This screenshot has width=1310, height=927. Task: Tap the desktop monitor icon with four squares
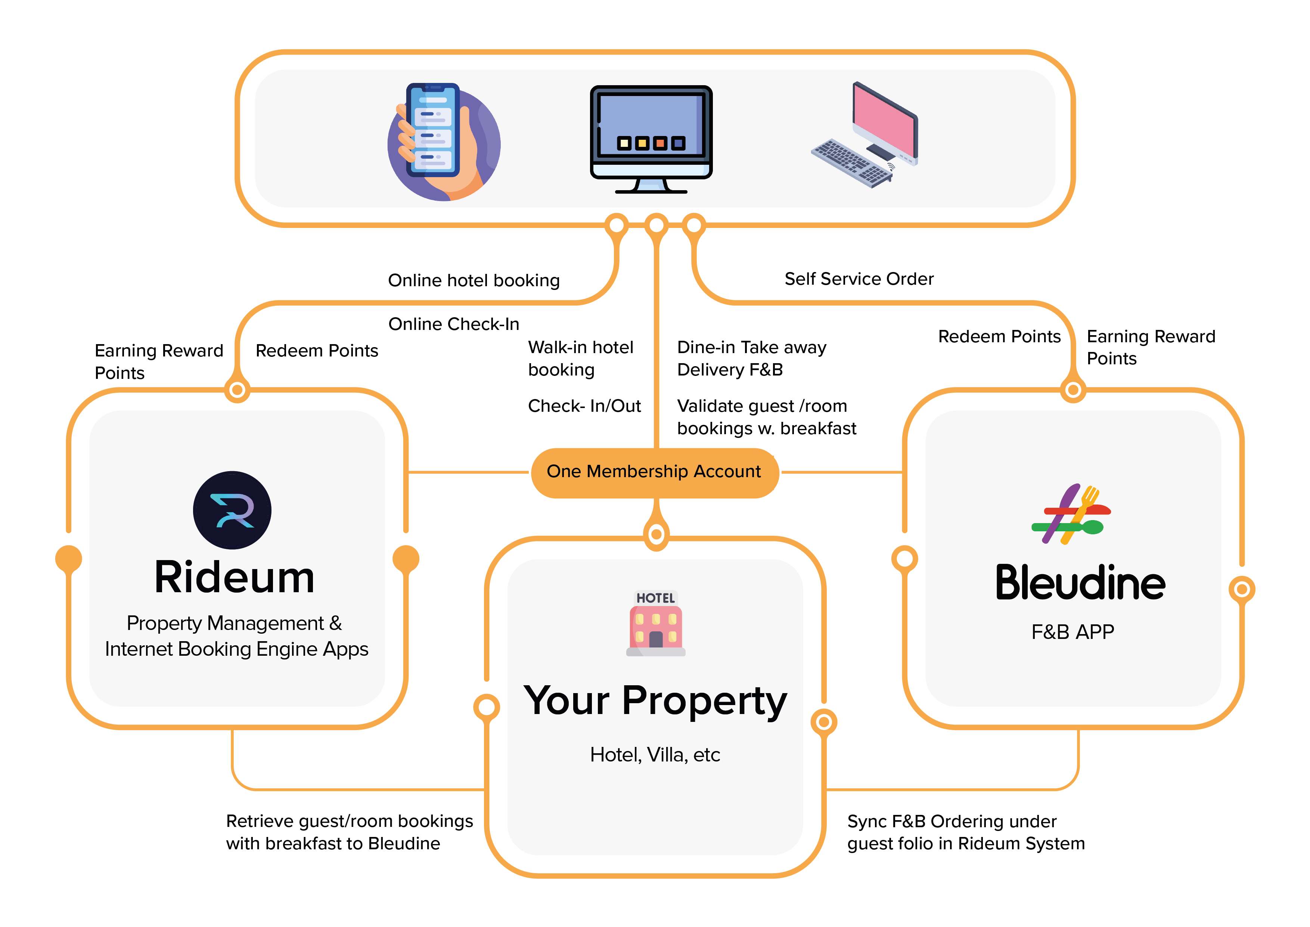[x=651, y=138]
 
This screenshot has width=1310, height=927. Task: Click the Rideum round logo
[x=232, y=510]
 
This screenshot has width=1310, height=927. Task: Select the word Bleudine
[x=1080, y=583]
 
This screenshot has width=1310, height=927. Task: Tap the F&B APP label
[x=1072, y=632]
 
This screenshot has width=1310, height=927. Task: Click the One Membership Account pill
[x=654, y=472]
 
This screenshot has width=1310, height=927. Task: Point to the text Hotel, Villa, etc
[x=655, y=755]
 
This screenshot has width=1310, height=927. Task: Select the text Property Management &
[x=234, y=623]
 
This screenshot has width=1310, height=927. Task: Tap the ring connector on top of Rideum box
[x=238, y=390]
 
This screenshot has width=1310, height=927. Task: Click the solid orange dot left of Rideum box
[x=68, y=558]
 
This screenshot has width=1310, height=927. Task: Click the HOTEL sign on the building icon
[x=656, y=598]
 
